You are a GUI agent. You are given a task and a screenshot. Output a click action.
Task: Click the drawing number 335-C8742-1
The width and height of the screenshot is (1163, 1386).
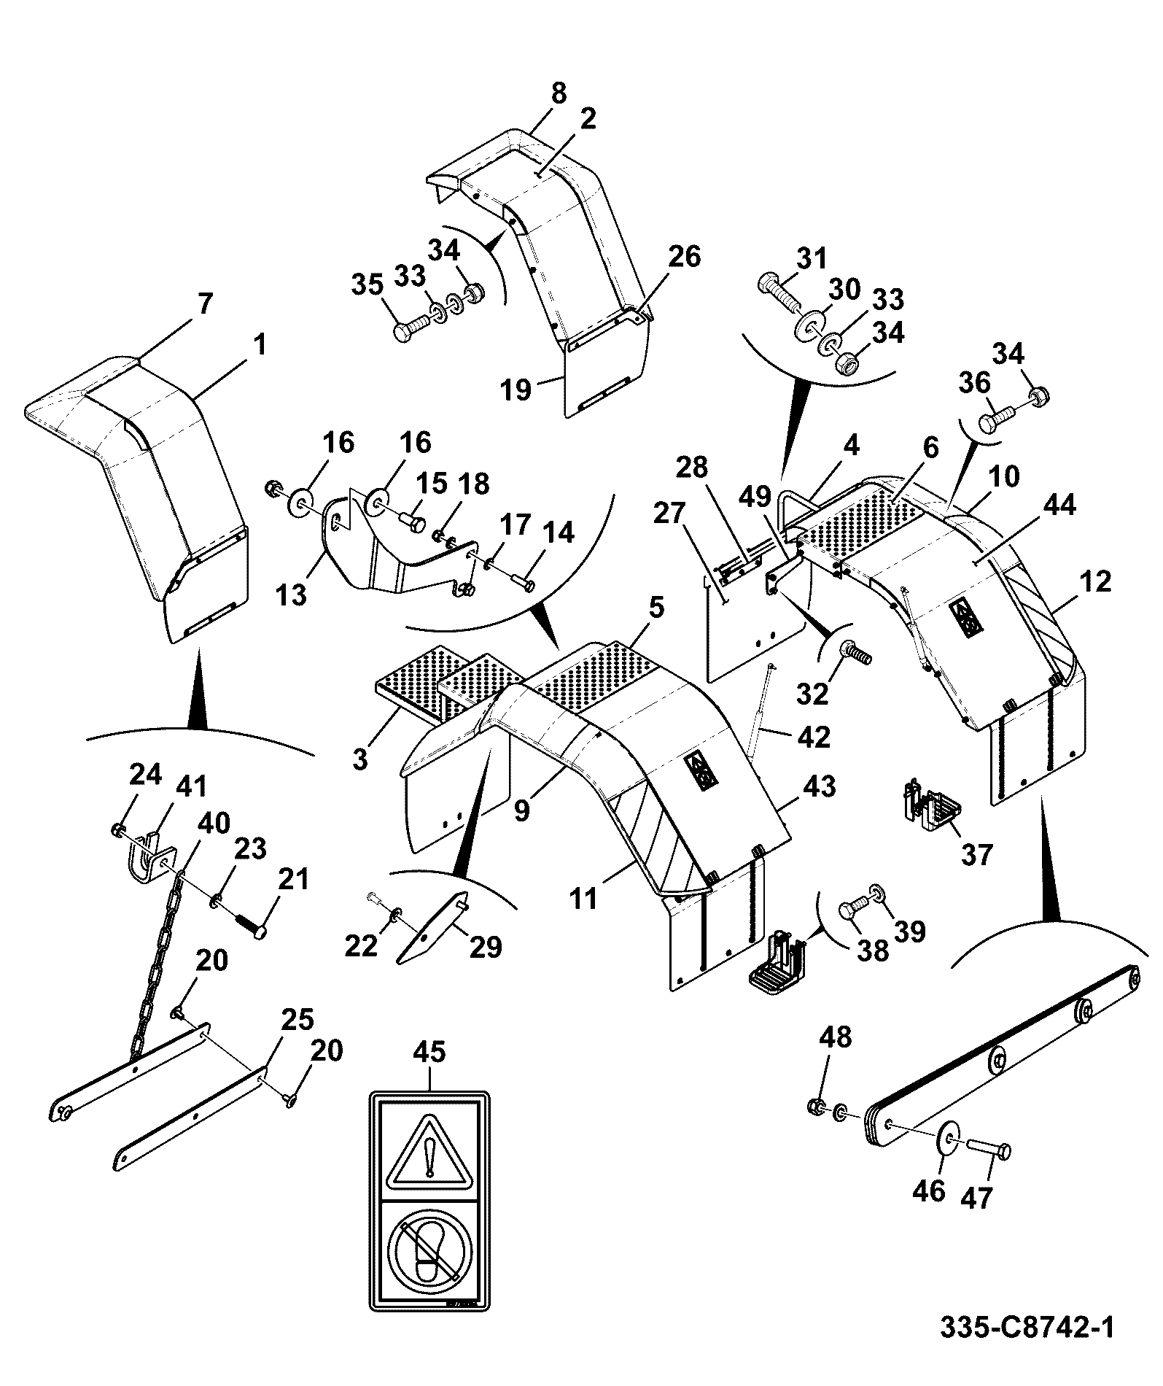point(1027,1327)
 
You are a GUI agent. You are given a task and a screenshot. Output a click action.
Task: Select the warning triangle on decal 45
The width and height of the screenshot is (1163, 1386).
point(430,1158)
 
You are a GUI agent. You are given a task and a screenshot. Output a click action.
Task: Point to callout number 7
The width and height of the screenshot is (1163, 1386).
point(205,303)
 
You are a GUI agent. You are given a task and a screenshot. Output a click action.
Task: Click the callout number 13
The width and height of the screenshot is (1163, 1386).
point(292,595)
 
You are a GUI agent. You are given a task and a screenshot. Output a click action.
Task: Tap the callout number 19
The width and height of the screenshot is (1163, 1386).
point(516,389)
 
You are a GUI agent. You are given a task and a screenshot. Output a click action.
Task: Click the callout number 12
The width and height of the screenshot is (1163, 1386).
point(1094,581)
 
